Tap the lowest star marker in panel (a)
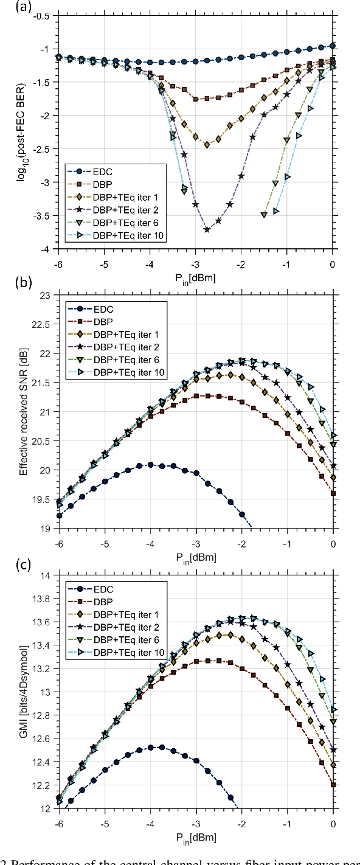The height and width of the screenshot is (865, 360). pyautogui.click(x=207, y=229)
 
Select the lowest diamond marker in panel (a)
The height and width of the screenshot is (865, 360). pyautogui.click(x=207, y=145)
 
